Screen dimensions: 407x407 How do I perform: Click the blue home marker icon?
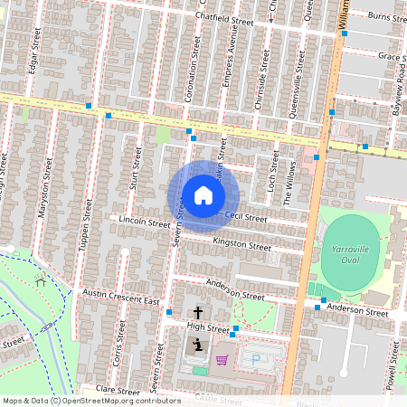(x=203, y=195)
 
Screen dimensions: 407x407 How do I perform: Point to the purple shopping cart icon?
(x=222, y=360)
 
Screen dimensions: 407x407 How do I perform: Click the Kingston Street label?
(x=241, y=244)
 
